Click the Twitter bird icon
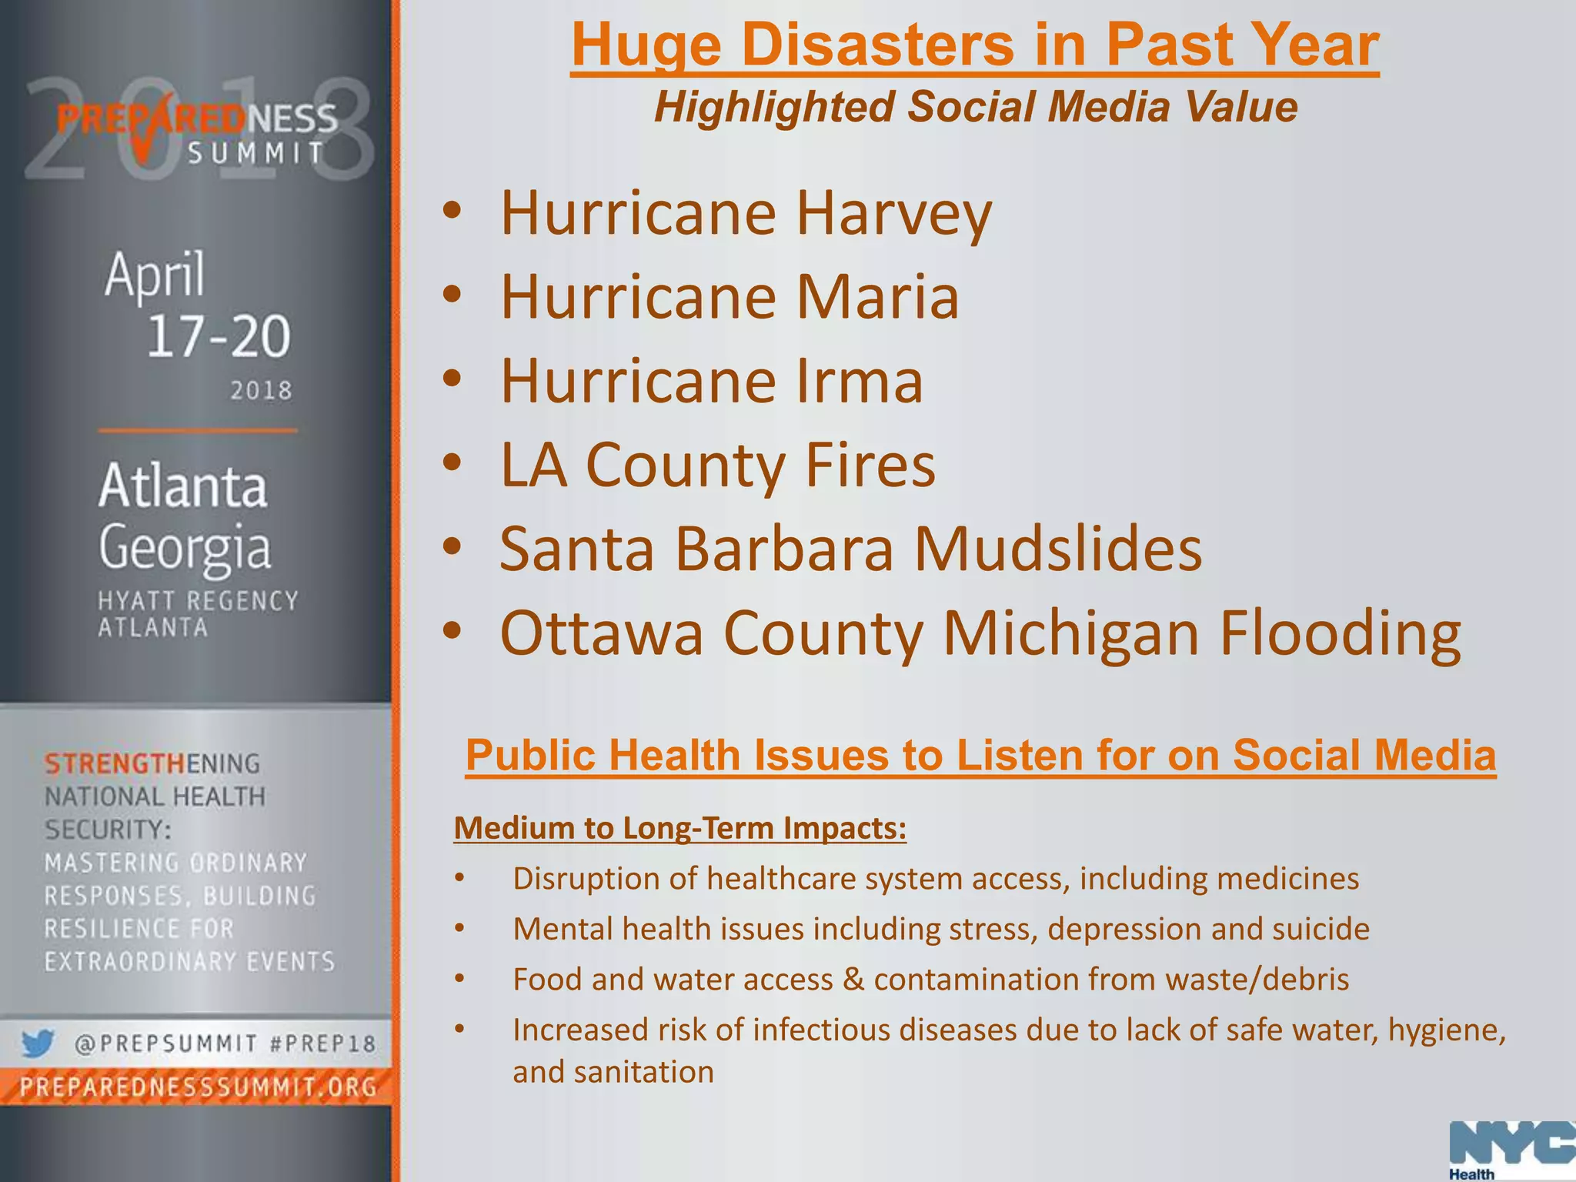click(x=38, y=1044)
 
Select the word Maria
click(x=877, y=297)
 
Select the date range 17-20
click(x=219, y=336)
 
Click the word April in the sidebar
click(x=155, y=274)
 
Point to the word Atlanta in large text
click(x=183, y=486)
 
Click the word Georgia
click(x=185, y=547)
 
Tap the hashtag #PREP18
click(x=323, y=1044)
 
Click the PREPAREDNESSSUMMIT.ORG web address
click(x=198, y=1087)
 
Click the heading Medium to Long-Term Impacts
click(x=679, y=828)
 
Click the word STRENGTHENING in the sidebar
click(x=152, y=763)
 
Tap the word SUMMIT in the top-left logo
click(x=257, y=153)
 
